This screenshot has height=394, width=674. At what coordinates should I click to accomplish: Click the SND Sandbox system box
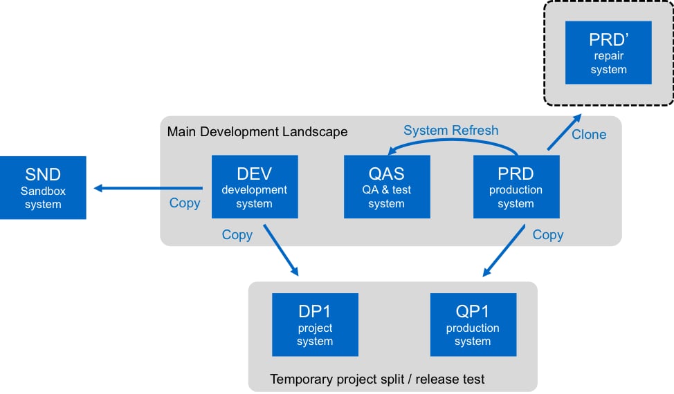43,187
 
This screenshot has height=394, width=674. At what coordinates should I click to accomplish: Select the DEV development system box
255,187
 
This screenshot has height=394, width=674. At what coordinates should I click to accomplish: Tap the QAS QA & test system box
387,187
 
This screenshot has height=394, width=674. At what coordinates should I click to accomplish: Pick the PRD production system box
516,187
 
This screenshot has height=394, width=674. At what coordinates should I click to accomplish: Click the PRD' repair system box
608,53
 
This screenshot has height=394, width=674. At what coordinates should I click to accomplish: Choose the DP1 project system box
315,324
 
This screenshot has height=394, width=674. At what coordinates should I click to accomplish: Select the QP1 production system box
473,324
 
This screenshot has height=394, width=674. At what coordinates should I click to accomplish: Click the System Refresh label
451,130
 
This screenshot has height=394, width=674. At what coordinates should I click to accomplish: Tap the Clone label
589,134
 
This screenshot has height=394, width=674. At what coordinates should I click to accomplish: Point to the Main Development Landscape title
257,131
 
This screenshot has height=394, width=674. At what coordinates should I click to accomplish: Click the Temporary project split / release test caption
377,379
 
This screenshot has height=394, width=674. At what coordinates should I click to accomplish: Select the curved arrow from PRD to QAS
451,140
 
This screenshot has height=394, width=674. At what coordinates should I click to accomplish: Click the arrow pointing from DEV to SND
148,188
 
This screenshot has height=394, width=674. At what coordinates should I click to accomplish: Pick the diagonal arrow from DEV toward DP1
281,250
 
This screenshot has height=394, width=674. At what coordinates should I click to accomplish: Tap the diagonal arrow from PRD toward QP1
504,250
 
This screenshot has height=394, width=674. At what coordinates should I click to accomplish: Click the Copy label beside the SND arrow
185,203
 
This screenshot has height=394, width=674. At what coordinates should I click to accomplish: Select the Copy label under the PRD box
548,235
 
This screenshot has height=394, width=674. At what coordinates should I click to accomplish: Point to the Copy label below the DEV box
237,235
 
